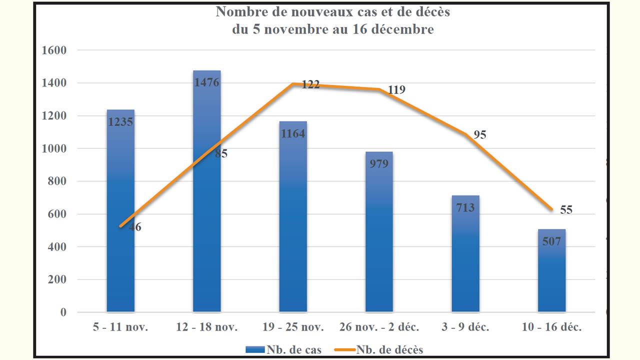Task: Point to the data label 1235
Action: (x=120, y=121)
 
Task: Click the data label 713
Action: (x=465, y=207)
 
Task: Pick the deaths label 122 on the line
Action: (x=310, y=85)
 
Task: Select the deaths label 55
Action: (x=566, y=210)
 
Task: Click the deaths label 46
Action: (x=135, y=227)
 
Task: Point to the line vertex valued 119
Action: (x=379, y=89)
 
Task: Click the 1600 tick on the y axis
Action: (x=56, y=50)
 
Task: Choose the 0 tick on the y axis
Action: (x=63, y=312)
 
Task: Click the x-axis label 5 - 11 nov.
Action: (x=120, y=327)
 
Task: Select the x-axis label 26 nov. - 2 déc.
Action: (x=379, y=327)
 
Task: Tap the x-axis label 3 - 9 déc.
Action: (x=465, y=327)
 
